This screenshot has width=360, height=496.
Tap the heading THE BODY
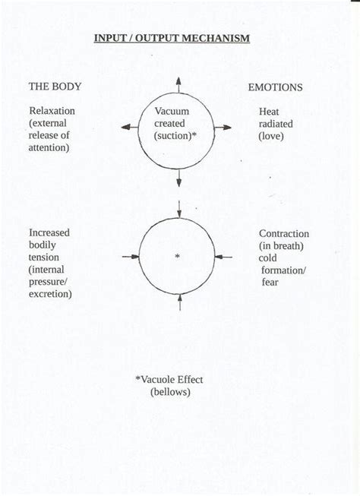point(55,87)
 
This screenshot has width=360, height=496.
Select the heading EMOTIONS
point(275,87)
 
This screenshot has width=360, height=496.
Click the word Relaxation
point(52,111)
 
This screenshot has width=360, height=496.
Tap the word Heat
point(270,112)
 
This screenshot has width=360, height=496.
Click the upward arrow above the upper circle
point(179,84)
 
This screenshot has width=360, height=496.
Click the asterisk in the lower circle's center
point(178,257)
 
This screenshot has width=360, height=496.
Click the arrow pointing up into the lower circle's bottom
point(179,303)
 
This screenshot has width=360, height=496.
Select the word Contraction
point(283,234)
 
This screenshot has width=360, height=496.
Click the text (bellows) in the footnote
point(169,392)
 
